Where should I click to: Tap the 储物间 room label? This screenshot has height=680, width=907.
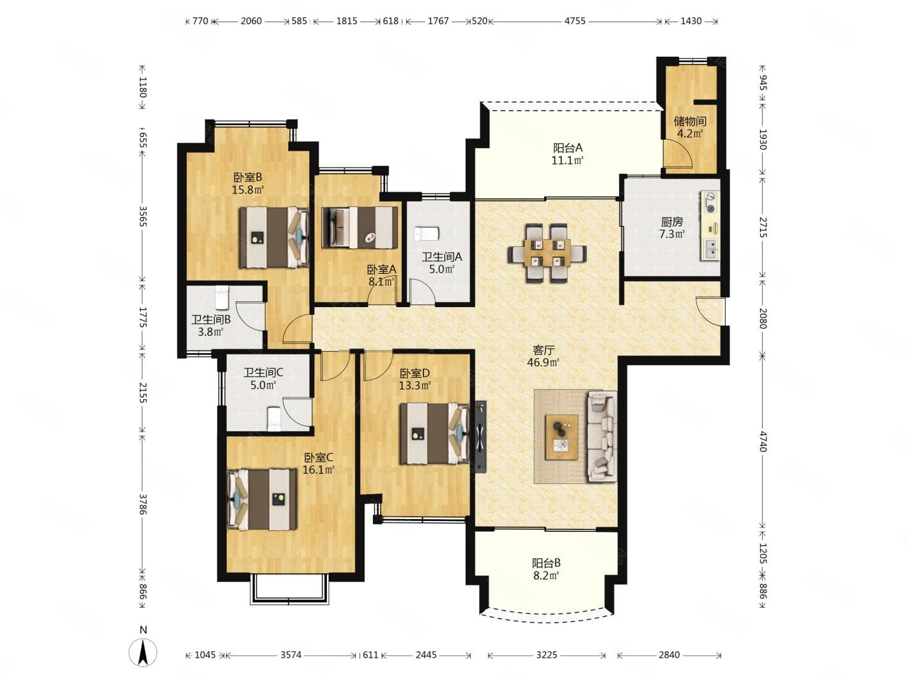tap(689, 121)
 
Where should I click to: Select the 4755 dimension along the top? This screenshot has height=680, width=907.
tap(575, 20)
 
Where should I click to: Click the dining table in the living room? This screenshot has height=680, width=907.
tap(547, 252)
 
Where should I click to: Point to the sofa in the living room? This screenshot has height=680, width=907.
tap(602, 436)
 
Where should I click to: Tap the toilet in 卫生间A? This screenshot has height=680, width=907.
tap(425, 233)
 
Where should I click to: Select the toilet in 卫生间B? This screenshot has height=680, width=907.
tap(222, 298)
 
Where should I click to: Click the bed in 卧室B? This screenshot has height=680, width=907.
tap(274, 238)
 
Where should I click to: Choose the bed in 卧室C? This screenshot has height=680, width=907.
tap(262, 499)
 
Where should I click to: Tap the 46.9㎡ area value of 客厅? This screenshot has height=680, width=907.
tap(543, 363)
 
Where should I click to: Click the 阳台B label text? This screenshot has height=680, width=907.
tap(546, 563)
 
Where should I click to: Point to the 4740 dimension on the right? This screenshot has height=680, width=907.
tap(763, 441)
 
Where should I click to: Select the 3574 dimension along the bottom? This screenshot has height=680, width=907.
tap(291, 655)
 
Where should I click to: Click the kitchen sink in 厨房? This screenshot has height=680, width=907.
tap(710, 249)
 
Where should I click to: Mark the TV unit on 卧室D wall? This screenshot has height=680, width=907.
tap(480, 436)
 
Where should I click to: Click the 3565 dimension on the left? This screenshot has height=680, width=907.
tap(142, 216)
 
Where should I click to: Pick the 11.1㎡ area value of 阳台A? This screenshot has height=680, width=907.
tap(567, 160)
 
